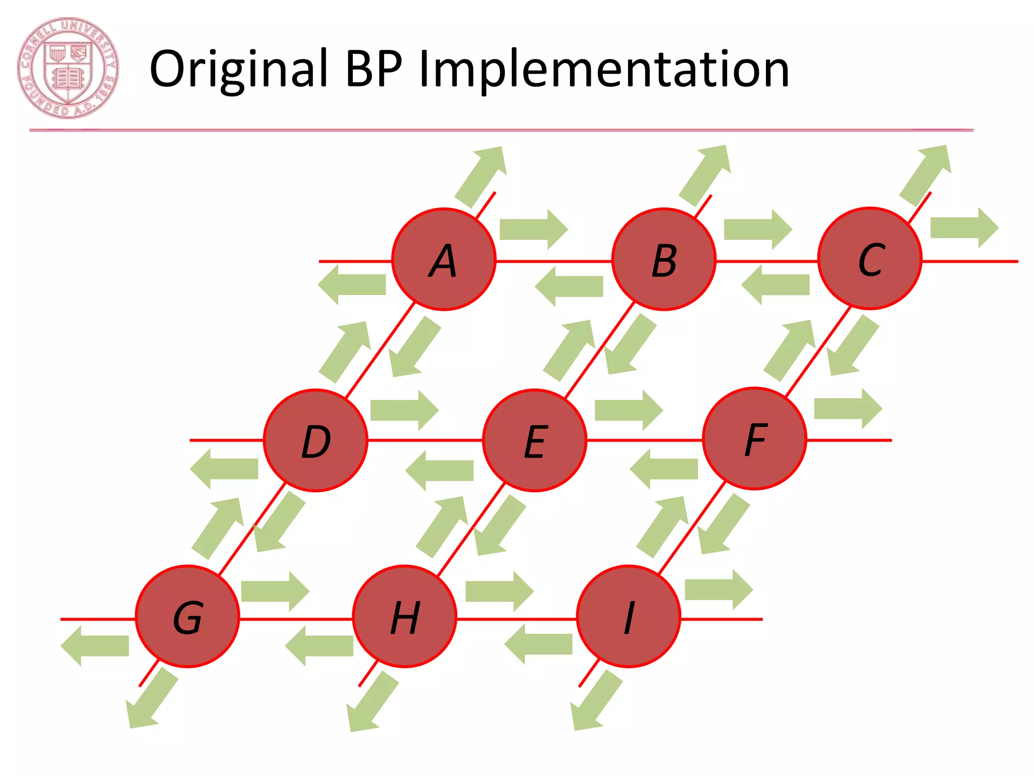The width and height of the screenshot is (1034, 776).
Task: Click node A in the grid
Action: pos(444,259)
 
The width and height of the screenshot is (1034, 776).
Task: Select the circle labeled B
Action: pos(663,259)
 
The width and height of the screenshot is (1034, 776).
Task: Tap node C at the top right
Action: pos(869,258)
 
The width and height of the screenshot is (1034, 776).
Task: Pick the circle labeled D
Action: pos(316,440)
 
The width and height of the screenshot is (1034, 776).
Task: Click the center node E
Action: pos(535,440)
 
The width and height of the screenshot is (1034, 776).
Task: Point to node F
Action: pos(754,439)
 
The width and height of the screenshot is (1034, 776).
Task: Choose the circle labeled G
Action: pos(187,616)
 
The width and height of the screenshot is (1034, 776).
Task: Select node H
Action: pos(404,616)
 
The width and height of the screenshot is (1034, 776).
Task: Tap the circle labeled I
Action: pos(629,616)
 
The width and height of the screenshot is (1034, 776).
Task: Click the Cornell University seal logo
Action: pos(68,68)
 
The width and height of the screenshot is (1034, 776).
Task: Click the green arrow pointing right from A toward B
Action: pos(533,229)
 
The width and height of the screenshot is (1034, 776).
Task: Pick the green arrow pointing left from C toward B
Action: pos(775,284)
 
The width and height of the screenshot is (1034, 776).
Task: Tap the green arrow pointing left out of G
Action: pos(95,646)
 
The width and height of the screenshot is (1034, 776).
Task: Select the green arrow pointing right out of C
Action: pos(964,227)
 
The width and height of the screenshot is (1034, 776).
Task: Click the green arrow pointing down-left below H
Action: pos(372,702)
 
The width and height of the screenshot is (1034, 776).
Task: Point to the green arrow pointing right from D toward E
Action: pos(404,410)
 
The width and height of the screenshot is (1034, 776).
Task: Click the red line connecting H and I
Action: pos(516,619)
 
